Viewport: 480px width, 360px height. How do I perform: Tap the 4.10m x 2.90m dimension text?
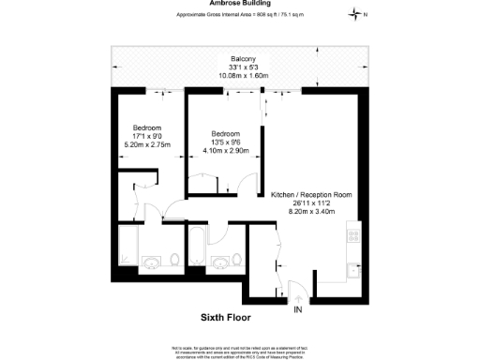coord(226,151)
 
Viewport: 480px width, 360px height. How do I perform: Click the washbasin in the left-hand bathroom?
coord(150,262)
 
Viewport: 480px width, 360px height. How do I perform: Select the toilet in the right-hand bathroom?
coord(242,262)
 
